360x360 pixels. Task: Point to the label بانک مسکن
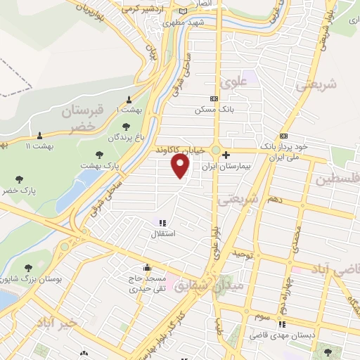tap(214, 110)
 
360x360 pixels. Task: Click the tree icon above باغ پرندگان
tap(126, 127)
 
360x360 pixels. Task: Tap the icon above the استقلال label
tap(164, 222)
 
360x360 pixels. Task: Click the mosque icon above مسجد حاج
tap(146, 268)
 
